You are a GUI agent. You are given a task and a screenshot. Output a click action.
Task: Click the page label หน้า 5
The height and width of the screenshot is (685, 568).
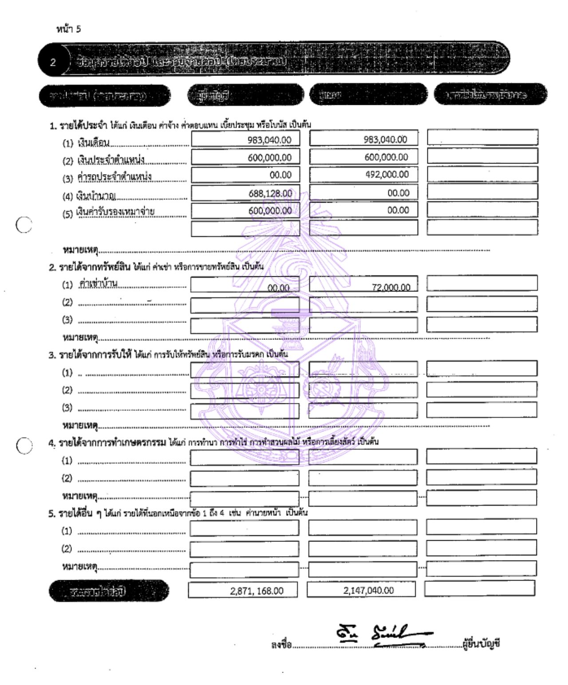[68, 29]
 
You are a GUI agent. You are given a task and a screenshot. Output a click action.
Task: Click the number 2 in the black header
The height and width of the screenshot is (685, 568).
[53, 62]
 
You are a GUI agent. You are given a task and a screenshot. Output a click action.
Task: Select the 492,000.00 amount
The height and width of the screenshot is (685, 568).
[387, 175]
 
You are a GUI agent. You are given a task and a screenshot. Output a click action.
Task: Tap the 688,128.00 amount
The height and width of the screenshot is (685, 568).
[270, 193]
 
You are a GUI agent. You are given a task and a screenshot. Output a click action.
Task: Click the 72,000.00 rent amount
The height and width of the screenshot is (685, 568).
[391, 287]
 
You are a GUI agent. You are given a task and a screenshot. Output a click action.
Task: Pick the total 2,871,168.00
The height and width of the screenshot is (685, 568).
[256, 591]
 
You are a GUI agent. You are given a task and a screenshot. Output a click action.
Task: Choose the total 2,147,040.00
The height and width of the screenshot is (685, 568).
[368, 590]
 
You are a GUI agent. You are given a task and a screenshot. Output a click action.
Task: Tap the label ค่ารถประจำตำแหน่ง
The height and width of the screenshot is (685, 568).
[114, 177]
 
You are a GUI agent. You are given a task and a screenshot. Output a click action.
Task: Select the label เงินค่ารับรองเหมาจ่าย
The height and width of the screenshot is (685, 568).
[115, 212]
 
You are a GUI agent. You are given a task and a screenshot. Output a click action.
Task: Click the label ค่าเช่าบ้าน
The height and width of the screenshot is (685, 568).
[98, 283]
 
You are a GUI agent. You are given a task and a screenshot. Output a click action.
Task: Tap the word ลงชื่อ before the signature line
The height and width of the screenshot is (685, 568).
[281, 644]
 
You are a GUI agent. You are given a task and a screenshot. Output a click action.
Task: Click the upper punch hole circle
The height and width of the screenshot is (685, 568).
[24, 225]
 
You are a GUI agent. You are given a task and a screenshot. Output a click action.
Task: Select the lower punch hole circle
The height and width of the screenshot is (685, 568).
[24, 445]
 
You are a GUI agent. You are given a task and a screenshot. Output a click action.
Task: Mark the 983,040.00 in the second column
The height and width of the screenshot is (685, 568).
[385, 139]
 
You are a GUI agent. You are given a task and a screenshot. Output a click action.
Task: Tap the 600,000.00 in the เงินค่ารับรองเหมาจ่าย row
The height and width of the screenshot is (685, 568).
[270, 211]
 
